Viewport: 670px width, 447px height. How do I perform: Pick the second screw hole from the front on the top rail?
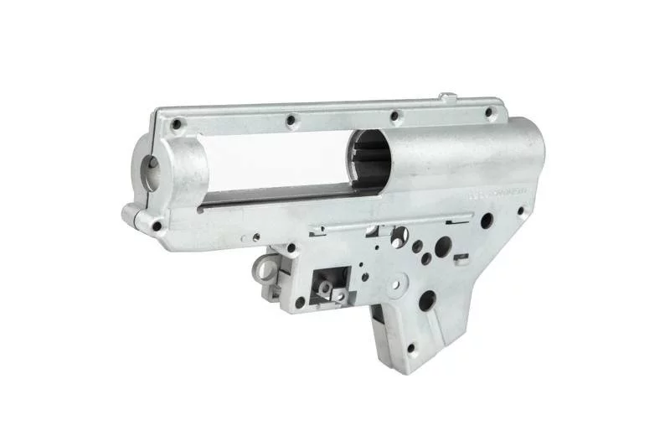pos(291,121)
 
